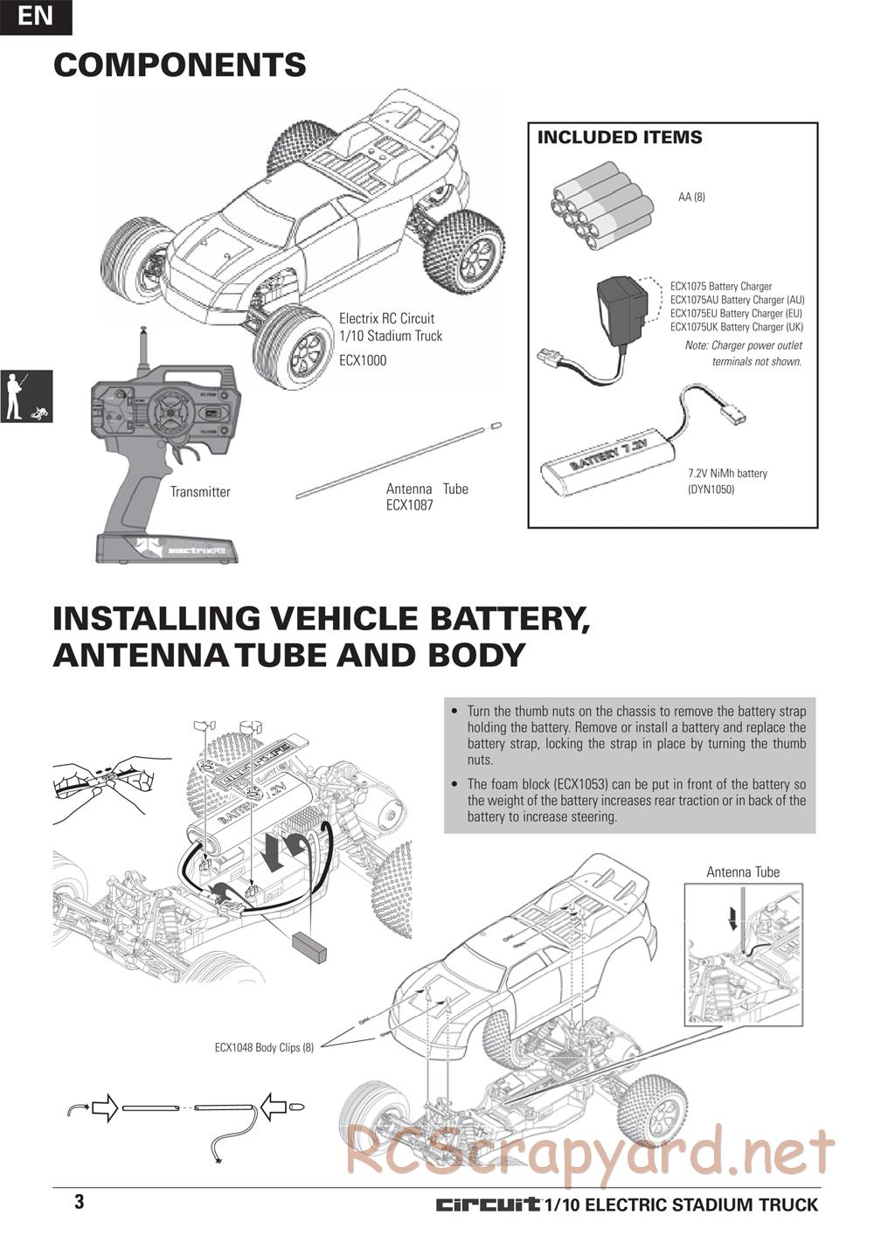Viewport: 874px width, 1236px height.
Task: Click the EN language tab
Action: (35, 17)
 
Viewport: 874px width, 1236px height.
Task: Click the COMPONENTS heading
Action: (180, 65)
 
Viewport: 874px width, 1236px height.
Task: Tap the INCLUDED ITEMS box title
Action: (619, 137)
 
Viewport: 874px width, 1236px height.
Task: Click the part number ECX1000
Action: (362, 360)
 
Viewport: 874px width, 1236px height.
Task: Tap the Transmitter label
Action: (200, 492)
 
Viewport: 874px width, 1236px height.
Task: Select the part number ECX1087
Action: (409, 505)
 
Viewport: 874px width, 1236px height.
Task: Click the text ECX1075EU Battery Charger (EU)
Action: (736, 313)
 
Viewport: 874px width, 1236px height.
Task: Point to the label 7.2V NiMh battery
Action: (727, 474)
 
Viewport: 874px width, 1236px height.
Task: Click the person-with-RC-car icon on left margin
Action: (26, 396)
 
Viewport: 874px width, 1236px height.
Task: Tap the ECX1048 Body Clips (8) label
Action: (264, 1046)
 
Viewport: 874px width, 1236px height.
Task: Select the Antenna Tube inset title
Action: (743, 871)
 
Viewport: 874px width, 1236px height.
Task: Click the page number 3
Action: (80, 1201)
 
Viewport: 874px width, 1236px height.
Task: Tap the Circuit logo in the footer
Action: (488, 1205)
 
